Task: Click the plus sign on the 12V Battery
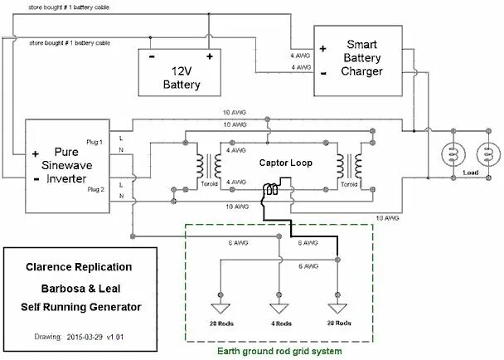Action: pyautogui.click(x=210, y=56)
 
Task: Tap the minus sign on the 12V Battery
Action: pyautogui.click(x=152, y=56)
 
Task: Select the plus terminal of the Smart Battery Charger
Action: pyautogui.click(x=322, y=47)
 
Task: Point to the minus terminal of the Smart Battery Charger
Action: pyautogui.click(x=322, y=72)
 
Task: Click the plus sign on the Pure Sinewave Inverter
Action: pyautogui.click(x=36, y=154)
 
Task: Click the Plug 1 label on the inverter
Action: pyautogui.click(x=95, y=142)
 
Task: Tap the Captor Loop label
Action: pyautogui.click(x=286, y=163)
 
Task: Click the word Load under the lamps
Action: pyautogui.click(x=470, y=173)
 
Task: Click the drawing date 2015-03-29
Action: pyautogui.click(x=87, y=338)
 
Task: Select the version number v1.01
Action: pyautogui.click(x=123, y=338)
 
